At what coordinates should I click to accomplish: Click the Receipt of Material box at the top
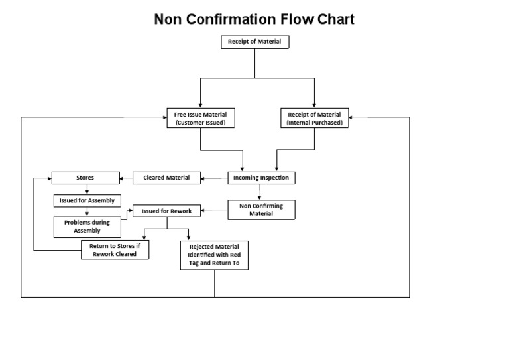click(254, 42)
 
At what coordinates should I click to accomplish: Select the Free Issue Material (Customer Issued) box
click(200, 118)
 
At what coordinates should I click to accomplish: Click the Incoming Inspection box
click(261, 178)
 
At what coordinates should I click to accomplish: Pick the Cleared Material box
click(166, 178)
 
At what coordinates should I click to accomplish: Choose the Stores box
click(85, 178)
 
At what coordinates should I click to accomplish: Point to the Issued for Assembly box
click(87, 200)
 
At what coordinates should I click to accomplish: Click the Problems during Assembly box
click(87, 227)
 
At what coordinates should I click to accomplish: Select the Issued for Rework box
click(166, 211)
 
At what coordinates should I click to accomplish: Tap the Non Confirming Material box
click(261, 210)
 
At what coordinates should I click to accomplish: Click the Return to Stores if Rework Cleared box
click(115, 249)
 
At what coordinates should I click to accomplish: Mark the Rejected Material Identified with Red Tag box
click(214, 255)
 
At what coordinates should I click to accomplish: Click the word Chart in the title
click(335, 19)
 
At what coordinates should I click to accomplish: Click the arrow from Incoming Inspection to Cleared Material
click(214, 178)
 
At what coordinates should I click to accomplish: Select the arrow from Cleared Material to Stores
click(126, 178)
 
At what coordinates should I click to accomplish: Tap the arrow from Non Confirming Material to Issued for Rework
click(214, 211)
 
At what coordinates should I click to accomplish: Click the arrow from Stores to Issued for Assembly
click(87, 189)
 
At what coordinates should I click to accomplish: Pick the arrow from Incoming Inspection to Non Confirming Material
click(259, 192)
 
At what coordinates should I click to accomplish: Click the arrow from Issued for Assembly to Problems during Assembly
click(87, 212)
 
